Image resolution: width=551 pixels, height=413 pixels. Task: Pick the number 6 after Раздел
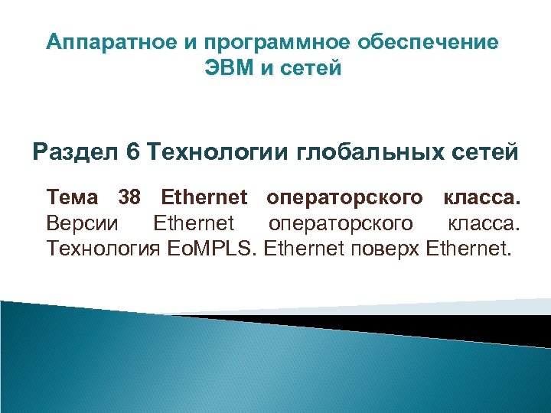tap(133, 152)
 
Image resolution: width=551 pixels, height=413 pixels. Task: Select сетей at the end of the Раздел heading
tap(482, 152)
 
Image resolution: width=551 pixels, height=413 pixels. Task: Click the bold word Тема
tap(72, 199)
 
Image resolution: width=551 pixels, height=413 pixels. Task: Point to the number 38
tap(129, 199)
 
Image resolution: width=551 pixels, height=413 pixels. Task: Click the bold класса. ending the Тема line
tap(482, 199)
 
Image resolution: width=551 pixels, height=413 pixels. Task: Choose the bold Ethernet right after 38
tap(204, 199)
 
